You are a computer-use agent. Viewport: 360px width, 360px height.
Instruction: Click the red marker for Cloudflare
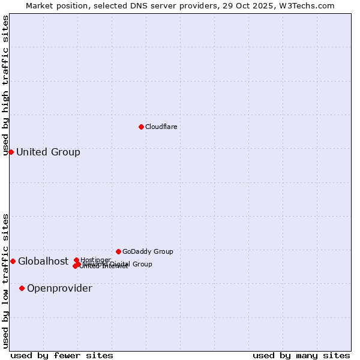[141, 127]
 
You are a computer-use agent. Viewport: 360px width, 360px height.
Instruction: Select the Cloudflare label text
[161, 127]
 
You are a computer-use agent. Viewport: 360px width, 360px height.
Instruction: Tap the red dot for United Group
[11, 152]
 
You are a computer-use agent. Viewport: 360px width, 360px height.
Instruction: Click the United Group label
[48, 152]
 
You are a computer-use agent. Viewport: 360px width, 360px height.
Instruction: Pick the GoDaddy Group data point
[118, 251]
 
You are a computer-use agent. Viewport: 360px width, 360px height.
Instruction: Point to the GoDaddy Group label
[148, 251]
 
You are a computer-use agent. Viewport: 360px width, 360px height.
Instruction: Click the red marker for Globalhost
[13, 261]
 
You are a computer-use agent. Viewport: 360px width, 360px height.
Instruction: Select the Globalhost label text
[43, 261]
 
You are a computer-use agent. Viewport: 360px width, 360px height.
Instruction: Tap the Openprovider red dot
[22, 288]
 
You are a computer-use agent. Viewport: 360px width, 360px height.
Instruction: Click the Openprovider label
[59, 288]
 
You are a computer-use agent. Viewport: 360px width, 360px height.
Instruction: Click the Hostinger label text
[95, 260]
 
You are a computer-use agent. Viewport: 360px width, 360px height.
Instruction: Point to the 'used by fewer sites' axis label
[62, 355]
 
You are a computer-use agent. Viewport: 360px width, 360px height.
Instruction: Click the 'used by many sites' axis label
[301, 355]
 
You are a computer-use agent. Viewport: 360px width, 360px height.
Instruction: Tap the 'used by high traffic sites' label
[5, 85]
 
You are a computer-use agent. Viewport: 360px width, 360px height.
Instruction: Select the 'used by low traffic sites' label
[5, 281]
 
